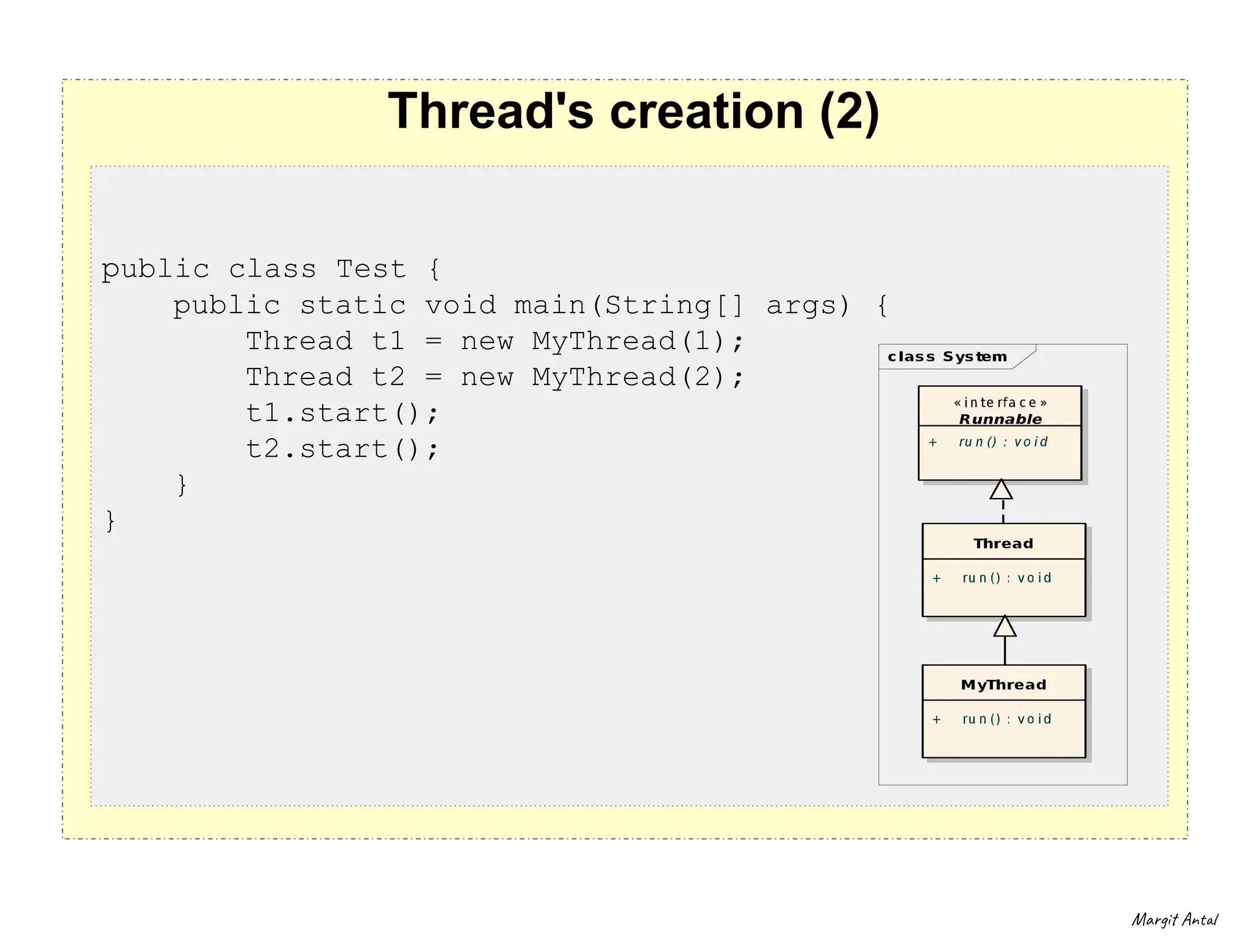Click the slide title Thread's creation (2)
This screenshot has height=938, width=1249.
633,111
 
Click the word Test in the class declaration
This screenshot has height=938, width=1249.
371,269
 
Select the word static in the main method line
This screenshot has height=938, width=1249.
353,305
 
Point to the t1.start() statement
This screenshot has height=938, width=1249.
342,414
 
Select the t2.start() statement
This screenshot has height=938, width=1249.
342,450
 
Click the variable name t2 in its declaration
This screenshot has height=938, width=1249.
388,378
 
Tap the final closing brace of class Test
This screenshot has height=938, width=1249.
110,521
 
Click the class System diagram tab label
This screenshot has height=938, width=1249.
947,357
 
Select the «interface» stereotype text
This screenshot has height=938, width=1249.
1000,403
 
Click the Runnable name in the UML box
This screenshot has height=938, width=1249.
1000,419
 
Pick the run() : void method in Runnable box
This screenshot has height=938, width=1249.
1003,442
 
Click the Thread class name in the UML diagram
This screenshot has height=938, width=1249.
1003,544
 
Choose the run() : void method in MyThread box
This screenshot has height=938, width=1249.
1006,720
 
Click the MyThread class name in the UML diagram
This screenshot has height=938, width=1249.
1003,685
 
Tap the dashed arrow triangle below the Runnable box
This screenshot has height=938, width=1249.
1001,490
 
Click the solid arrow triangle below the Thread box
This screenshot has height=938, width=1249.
1004,627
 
